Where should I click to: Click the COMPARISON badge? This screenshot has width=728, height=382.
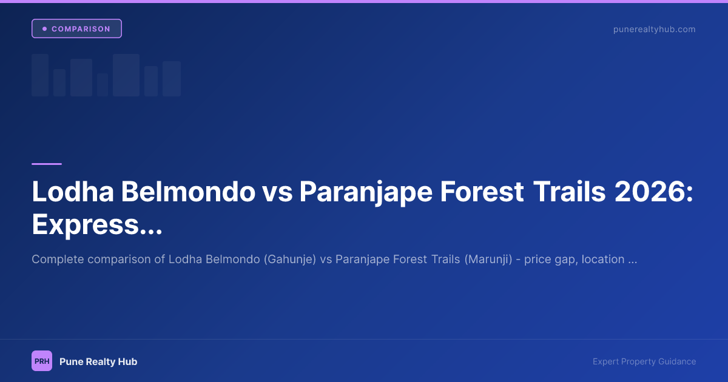tap(76, 29)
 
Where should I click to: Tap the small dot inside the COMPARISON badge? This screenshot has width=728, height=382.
tap(44, 29)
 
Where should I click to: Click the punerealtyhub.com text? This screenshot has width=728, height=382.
tap(654, 29)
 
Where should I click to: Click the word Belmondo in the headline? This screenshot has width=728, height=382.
tap(188, 192)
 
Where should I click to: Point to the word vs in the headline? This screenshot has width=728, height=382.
tap(277, 192)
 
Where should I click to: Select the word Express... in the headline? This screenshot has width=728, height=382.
tap(97, 225)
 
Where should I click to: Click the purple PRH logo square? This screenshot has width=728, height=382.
tap(42, 361)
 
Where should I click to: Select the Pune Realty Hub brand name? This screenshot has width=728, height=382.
tap(98, 361)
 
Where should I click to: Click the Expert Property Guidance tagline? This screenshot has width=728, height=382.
tap(644, 361)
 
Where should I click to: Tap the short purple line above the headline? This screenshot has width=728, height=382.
tap(47, 164)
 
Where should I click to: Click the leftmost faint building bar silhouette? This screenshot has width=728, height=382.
tap(40, 75)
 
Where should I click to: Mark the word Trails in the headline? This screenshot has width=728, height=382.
tap(569, 192)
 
